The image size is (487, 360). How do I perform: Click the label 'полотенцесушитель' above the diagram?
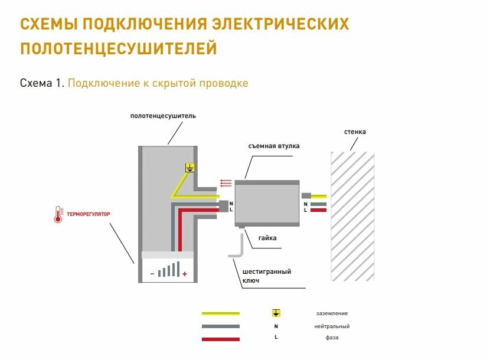point(163,116)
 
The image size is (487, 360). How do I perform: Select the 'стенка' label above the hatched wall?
point(355,132)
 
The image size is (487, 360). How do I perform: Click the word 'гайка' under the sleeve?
point(267,238)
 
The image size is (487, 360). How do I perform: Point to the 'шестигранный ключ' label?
point(267,276)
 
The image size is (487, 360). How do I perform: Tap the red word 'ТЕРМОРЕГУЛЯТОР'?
point(89,214)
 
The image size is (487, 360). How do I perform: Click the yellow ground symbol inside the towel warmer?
point(189,168)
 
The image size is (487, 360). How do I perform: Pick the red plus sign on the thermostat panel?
point(185,274)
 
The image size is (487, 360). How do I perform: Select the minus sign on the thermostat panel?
point(152,274)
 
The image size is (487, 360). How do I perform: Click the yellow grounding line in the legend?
point(221,313)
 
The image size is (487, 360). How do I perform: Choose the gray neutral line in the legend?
point(221,326)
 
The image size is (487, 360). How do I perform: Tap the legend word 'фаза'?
point(332,338)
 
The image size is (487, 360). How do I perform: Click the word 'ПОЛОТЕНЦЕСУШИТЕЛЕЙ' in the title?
point(118,48)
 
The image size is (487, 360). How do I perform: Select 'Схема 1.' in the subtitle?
point(41,83)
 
